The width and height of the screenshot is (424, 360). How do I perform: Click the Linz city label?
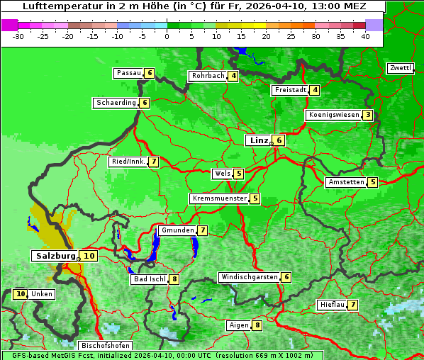258,140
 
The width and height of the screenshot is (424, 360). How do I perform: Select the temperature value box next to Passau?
149,73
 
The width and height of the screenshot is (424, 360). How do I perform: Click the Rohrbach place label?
208,76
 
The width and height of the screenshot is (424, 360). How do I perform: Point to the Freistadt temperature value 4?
315,90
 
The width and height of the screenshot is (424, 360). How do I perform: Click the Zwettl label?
400,68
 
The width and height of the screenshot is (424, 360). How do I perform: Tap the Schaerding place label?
116,103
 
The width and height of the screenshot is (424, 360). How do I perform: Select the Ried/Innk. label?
128,162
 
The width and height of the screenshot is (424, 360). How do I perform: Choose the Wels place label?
222,174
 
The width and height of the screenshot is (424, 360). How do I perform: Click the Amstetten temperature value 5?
373,182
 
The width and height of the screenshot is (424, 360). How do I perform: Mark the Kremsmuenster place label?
219,198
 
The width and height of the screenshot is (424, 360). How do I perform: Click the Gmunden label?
177,230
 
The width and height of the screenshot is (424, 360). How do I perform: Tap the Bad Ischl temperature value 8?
174,279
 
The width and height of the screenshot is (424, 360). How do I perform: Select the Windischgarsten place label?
249,277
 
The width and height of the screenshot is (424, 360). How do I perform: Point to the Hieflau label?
332,305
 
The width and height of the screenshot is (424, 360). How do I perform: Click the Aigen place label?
239,325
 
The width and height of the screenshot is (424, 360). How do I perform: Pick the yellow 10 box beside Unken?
20,293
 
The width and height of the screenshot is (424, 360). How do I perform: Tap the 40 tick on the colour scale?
365,35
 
